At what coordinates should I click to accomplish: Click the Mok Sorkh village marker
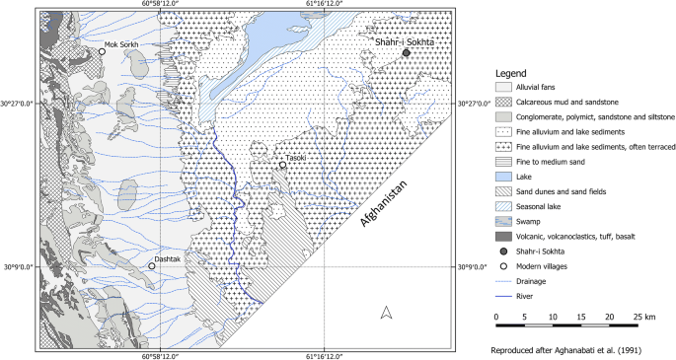point(102,51)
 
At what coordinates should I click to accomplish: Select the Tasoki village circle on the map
point(282,166)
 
